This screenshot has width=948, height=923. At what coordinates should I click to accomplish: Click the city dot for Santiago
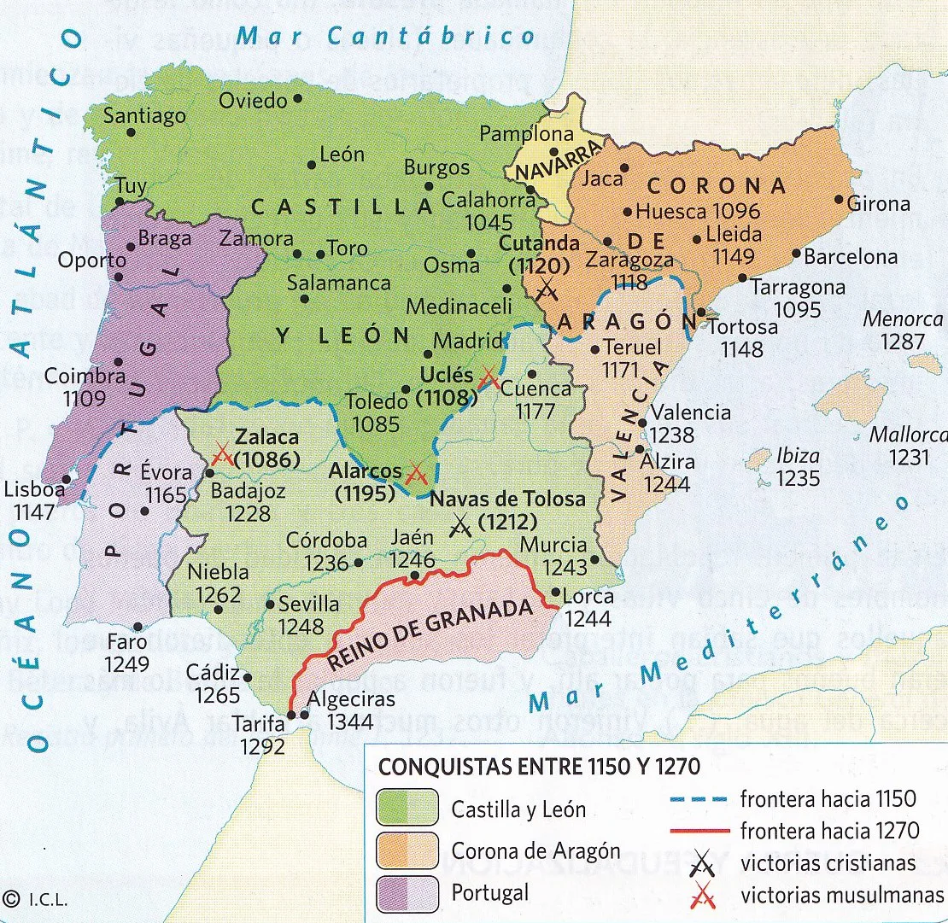[x=131, y=132]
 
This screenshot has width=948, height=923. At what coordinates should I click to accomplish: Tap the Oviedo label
[x=253, y=100]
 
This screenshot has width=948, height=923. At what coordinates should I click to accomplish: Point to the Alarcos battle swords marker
[x=416, y=472]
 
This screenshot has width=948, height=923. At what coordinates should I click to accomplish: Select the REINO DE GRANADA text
[x=431, y=636]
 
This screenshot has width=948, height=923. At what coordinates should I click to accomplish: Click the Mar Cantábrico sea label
[x=385, y=37]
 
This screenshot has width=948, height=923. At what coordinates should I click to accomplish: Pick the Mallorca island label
[x=908, y=435]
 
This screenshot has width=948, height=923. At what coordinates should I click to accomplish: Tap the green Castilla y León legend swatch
[x=407, y=808]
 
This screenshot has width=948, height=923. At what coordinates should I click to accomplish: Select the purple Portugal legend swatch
[x=407, y=893]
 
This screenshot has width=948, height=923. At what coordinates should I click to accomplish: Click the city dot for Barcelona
[x=796, y=254]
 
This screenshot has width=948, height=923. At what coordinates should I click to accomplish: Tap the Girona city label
[x=880, y=204]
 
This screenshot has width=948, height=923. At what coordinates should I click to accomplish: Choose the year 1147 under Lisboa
[x=34, y=512]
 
